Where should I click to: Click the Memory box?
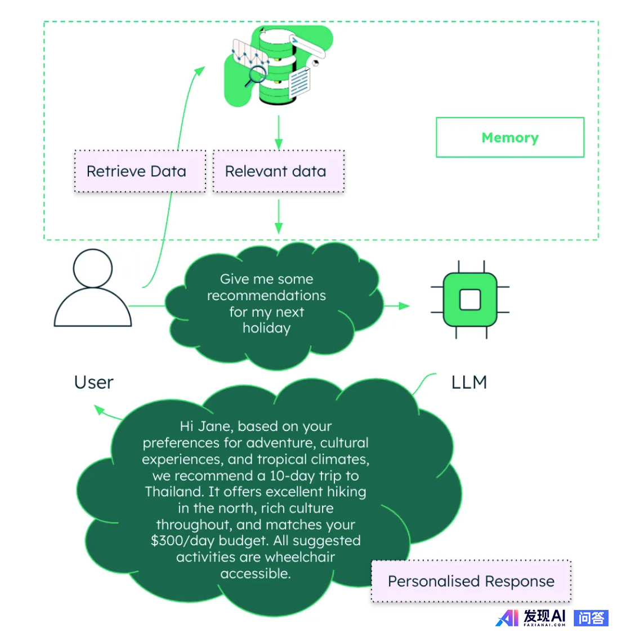pos(509,137)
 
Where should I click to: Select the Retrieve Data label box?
pos(140,171)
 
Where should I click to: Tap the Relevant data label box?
pos(278,171)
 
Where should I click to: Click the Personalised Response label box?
pos(471,581)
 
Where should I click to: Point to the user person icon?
pos(93,288)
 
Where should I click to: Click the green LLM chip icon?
pos(470,300)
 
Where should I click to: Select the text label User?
pos(93,382)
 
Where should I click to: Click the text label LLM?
pos(469,382)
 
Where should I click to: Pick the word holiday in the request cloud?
pos(266,328)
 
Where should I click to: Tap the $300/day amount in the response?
pos(183,541)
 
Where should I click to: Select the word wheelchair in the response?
pos(299,557)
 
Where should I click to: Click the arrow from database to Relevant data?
pos(279,133)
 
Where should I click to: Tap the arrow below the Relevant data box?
pos(279,217)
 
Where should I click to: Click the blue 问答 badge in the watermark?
pos(591,618)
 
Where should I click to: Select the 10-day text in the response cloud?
pos(292,475)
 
